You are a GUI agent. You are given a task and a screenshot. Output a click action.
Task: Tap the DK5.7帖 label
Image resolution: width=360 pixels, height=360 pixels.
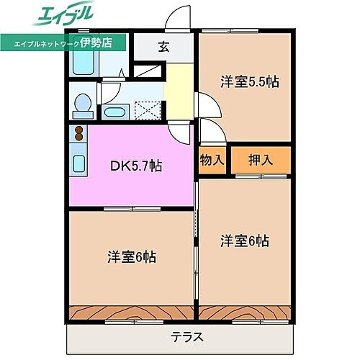tap(135, 166)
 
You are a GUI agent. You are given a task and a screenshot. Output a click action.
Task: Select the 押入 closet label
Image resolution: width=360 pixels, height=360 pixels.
tap(261, 160)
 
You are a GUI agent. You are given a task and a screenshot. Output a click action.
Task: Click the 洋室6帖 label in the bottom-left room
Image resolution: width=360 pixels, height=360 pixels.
tap(133, 256)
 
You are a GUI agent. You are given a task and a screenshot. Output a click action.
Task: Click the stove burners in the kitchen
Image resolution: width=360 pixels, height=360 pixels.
tap(76, 133)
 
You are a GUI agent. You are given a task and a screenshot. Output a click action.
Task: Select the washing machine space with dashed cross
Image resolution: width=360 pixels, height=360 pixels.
tap(148, 110)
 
